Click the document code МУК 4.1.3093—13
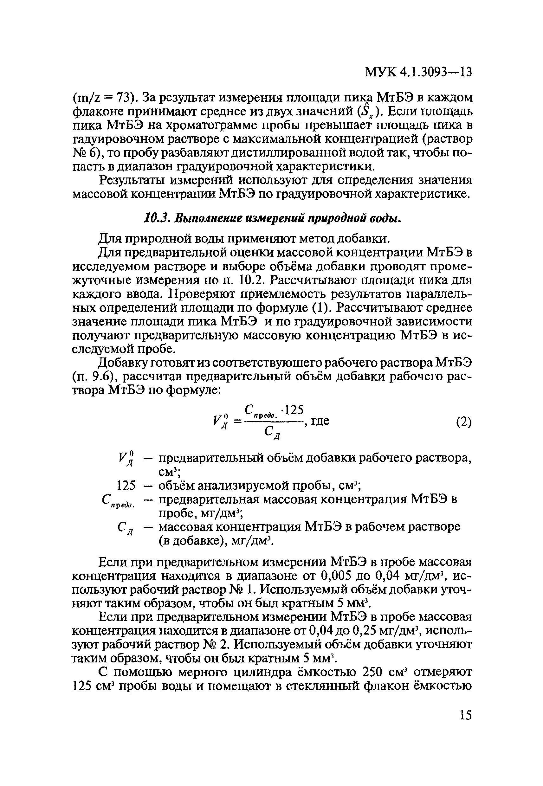tap(418, 72)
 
